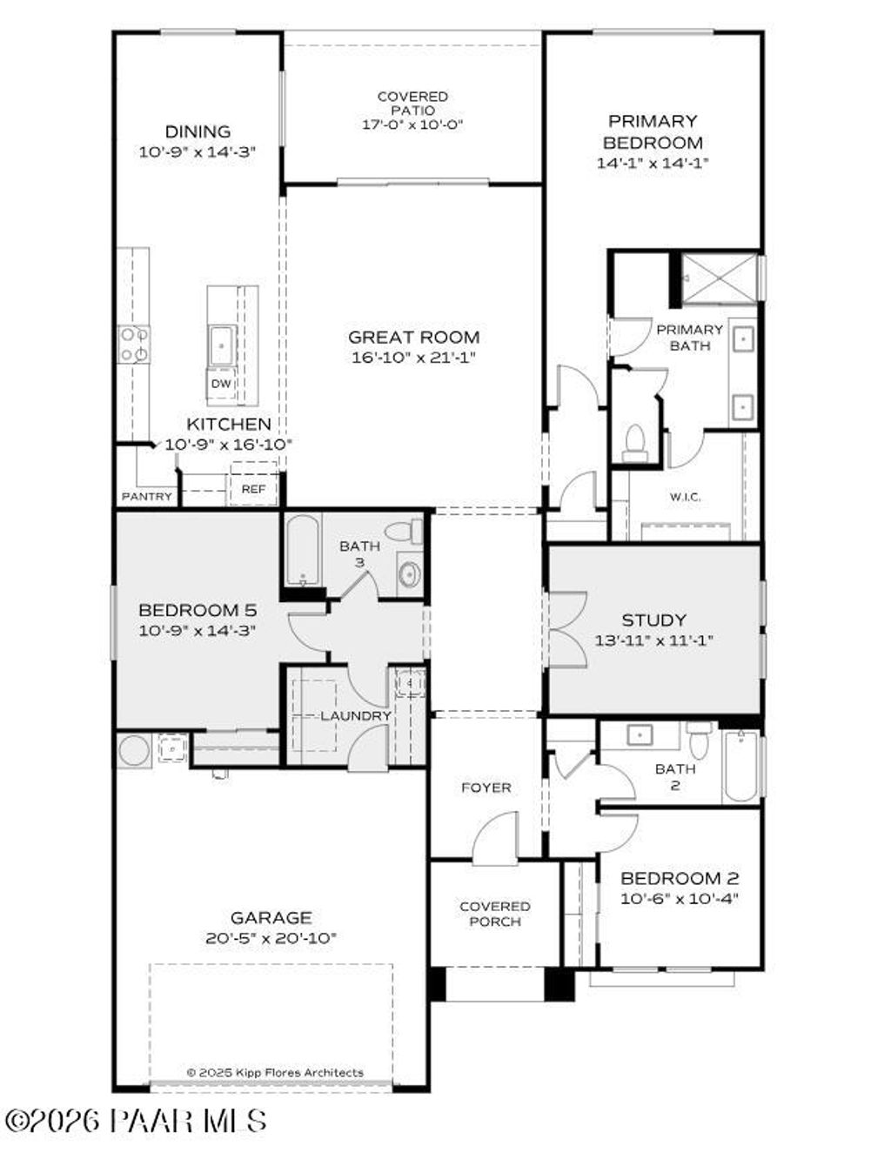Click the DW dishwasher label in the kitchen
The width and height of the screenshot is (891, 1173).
(221, 384)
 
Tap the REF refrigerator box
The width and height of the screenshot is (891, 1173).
(253, 489)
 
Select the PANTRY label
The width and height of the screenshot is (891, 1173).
(146, 496)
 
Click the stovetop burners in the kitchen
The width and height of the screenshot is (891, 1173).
(133, 344)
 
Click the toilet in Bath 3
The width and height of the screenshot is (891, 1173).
(404, 531)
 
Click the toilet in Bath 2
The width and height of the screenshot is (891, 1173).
(699, 741)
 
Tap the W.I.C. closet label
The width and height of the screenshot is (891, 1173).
(685, 497)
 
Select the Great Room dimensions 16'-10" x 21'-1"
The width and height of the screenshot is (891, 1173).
(413, 357)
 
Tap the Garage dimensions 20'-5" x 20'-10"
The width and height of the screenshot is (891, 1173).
(271, 937)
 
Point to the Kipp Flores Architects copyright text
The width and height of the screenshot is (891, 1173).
(275, 1072)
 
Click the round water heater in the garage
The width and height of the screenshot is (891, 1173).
(134, 750)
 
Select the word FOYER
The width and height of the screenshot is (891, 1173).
(486, 788)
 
